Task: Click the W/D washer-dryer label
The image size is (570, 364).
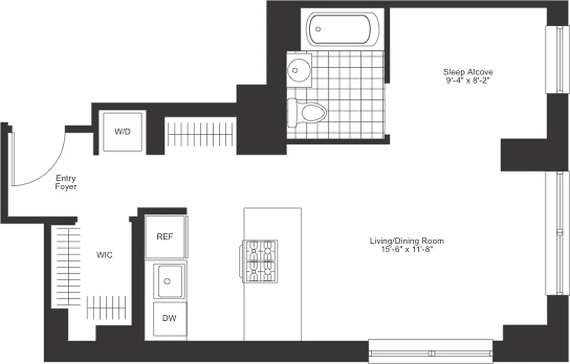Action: (x=122, y=132)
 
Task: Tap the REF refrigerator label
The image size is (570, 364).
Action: (x=165, y=237)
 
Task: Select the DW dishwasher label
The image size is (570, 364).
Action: (x=169, y=318)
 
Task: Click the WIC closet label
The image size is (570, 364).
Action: (x=104, y=255)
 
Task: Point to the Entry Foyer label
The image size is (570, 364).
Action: (x=66, y=182)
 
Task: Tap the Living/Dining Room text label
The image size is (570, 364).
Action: (x=406, y=241)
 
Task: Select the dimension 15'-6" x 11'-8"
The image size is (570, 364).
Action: (x=406, y=249)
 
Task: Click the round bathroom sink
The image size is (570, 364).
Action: (x=298, y=70)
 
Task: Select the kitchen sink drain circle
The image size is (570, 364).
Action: (x=167, y=281)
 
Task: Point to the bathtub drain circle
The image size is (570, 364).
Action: (x=318, y=29)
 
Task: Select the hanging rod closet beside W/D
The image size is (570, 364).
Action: (x=200, y=135)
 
